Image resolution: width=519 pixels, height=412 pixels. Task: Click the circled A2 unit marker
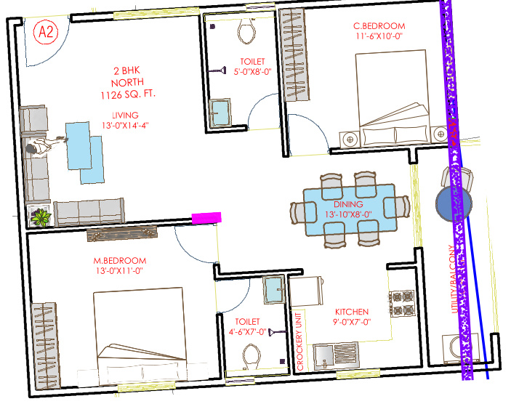[x=46, y=32]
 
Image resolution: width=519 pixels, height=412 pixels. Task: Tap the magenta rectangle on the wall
[x=206, y=218]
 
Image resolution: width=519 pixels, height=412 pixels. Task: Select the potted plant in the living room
[x=41, y=217]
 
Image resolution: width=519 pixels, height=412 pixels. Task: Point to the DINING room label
[x=348, y=204]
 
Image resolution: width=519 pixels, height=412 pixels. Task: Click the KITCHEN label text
[x=352, y=312]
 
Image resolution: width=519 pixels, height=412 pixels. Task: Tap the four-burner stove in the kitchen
[x=401, y=303]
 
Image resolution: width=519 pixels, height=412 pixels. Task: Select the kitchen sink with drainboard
[x=337, y=356]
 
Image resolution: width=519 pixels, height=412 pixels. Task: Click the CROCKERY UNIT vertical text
[x=299, y=342]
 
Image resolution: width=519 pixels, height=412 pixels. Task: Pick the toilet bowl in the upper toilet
[x=246, y=31]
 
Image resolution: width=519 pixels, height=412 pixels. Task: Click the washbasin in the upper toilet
[x=220, y=113]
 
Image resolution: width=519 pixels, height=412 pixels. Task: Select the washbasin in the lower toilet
[x=274, y=289]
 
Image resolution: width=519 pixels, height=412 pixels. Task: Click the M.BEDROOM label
[x=120, y=261]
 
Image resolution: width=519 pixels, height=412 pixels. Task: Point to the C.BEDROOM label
[x=379, y=26]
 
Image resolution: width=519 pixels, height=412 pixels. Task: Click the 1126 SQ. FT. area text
[x=128, y=94]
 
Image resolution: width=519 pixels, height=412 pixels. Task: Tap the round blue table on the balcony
[x=454, y=203]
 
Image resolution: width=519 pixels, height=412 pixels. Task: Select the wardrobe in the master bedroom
[x=47, y=345]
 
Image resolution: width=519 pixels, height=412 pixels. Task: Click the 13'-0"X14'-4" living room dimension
[x=125, y=126]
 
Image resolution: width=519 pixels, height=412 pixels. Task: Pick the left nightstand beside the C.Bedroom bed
[x=350, y=140]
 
